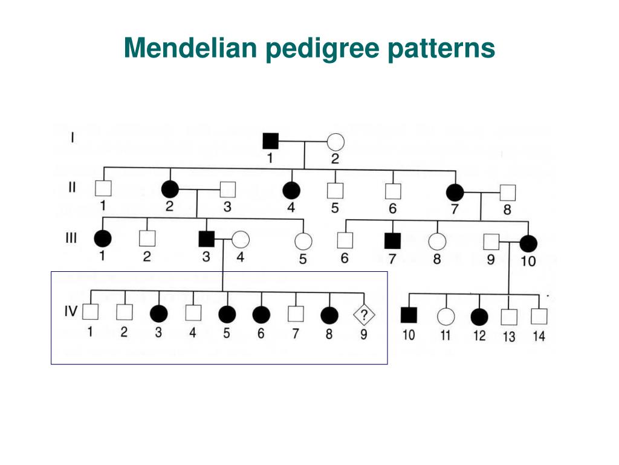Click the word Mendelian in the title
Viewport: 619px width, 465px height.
190,48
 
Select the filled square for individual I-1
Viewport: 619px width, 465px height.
270,142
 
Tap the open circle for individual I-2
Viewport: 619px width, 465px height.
335,142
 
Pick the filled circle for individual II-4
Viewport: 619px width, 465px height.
291,190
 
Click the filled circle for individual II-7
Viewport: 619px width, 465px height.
455,193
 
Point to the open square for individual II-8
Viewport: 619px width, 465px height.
507,193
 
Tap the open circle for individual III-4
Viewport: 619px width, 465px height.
241,240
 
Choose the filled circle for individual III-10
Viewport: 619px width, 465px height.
528,243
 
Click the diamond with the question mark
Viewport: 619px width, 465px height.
364,314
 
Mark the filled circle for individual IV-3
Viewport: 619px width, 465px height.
158,314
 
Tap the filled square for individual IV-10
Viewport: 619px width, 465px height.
409,315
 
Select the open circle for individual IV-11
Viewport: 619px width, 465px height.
446,315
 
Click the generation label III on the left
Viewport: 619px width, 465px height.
71,237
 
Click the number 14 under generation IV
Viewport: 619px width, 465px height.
538,335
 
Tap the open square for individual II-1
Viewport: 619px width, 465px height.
103,188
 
